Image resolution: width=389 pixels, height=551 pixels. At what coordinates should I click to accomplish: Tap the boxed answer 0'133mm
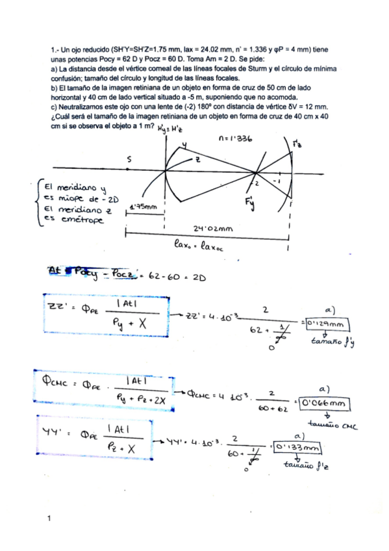click(x=299, y=448)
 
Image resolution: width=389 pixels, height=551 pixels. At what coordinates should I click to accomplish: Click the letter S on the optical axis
click(x=129, y=158)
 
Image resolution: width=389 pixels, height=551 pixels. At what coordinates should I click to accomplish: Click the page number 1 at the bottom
click(x=49, y=519)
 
